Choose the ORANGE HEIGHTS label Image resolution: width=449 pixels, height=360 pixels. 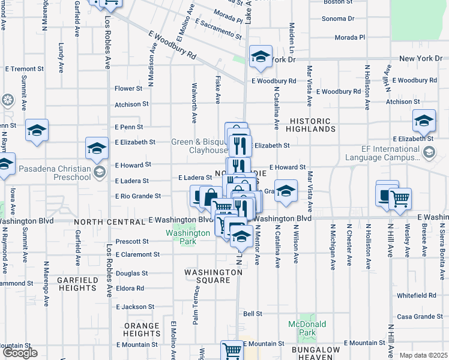[x=142, y=329]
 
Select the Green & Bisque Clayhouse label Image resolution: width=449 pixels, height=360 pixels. [x=199, y=146]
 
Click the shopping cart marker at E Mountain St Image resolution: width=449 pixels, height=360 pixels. [x=232, y=350]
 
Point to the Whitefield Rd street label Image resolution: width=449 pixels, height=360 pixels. [x=415, y=295]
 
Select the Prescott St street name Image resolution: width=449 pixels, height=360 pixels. [x=132, y=242]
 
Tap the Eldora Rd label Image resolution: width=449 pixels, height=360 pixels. [x=130, y=289]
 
